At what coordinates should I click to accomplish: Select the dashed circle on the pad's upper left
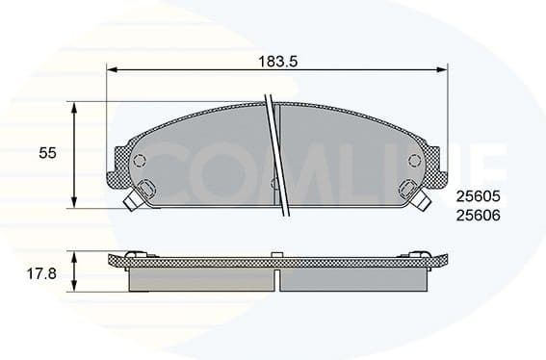tap(139, 160)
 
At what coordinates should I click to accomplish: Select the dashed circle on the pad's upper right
tap(414, 160)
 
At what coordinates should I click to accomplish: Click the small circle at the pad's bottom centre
tap(274, 183)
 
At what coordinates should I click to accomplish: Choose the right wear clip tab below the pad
tap(418, 195)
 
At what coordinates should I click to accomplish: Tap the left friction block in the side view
tap(198, 279)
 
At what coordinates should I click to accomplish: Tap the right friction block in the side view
tap(352, 279)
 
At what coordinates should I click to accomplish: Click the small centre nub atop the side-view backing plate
tap(276, 253)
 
